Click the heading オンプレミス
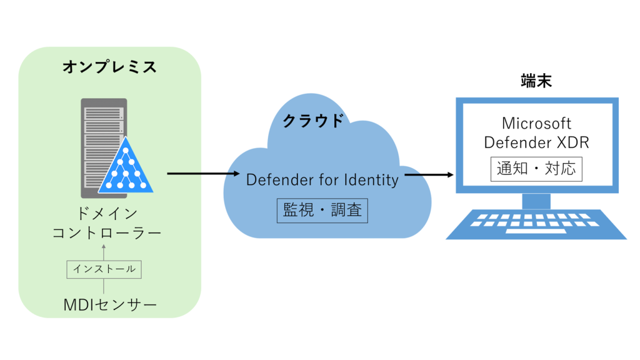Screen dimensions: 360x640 click(109, 67)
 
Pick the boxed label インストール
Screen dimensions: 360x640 click(104, 269)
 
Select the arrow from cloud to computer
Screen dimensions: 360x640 click(430, 174)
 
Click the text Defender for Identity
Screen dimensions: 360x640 click(322, 180)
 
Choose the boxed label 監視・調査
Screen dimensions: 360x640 click(322, 210)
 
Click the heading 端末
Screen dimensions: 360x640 click(536, 81)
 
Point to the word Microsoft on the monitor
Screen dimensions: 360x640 click(536, 123)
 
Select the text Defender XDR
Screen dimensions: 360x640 click(536, 142)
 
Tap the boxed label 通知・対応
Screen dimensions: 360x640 click(536, 169)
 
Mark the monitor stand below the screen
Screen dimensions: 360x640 click(536, 201)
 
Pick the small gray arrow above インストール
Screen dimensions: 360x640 click(104, 252)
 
